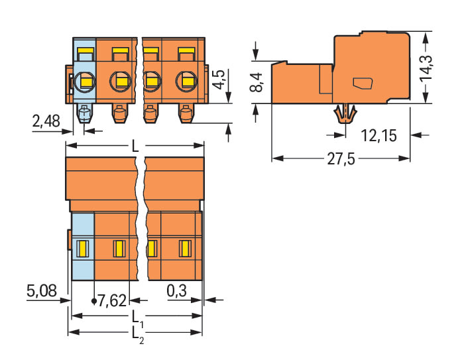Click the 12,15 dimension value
(380, 136)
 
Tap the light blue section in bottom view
(83, 247)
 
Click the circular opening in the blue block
(85, 82)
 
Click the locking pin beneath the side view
(344, 115)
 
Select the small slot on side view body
(362, 84)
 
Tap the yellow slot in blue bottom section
(83, 249)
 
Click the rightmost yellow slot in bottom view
(184, 249)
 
